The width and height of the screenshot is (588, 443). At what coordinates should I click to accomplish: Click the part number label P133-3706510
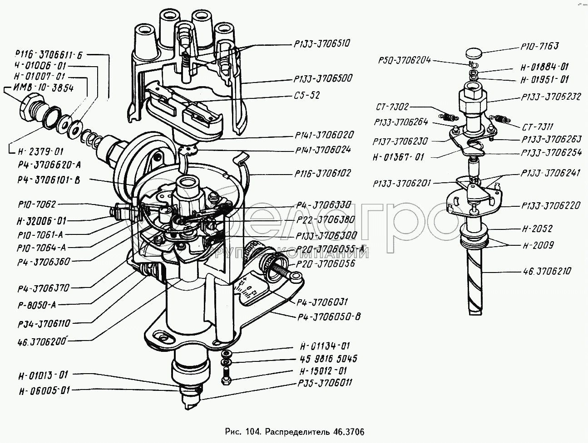(322, 44)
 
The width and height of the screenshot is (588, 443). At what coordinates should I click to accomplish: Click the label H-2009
(538, 245)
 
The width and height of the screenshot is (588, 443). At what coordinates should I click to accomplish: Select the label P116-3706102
(322, 173)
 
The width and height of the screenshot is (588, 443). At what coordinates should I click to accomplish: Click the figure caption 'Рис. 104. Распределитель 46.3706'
(294, 431)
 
